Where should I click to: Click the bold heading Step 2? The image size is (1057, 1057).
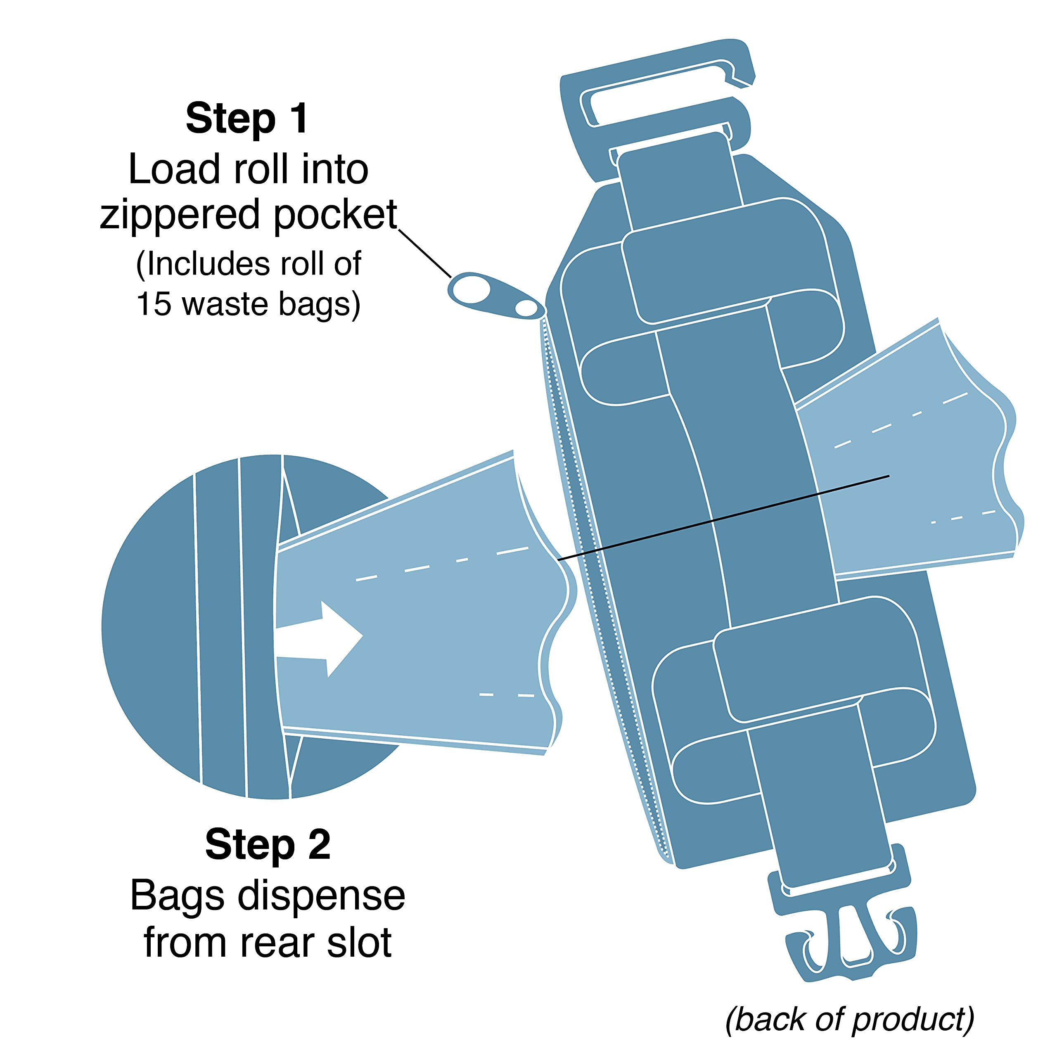[x=268, y=844]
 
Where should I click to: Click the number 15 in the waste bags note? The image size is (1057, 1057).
[x=154, y=304]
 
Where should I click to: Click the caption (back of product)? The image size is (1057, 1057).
[x=850, y=1020]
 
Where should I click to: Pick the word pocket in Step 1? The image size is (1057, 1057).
[x=335, y=216]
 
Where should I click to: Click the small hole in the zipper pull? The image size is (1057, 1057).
[x=526, y=308]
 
